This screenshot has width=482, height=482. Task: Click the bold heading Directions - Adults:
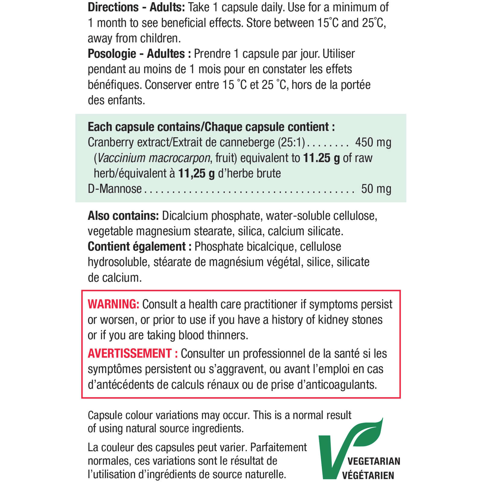[136, 7]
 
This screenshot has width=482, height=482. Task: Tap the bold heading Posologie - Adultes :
[139, 54]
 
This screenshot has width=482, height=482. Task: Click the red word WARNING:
[113, 305]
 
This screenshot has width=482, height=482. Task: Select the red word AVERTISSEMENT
[130, 354]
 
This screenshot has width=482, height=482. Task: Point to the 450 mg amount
[373, 142]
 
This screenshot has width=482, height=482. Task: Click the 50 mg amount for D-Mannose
[376, 189]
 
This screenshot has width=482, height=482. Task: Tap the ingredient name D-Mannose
[114, 189]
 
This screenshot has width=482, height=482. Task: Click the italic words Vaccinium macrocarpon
[154, 158]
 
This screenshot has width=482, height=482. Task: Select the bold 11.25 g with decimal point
[321, 158]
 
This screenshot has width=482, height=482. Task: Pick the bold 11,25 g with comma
[196, 174]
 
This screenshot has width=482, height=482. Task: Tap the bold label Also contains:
[123, 216]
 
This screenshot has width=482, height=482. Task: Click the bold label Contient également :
[139, 247]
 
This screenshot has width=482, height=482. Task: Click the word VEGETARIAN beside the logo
[374, 461]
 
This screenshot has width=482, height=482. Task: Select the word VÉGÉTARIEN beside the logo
[368, 475]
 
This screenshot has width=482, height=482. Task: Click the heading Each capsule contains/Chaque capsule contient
[211, 127]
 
